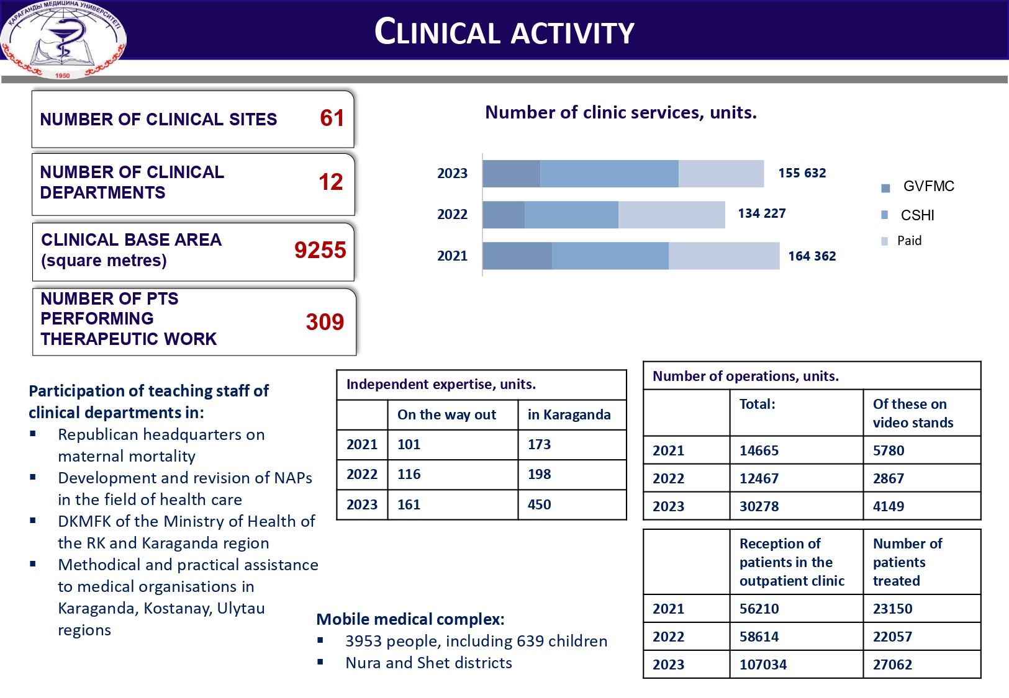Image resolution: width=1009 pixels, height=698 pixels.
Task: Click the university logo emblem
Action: pos(63,38)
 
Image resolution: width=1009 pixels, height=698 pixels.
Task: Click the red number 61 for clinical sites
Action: pos(332,118)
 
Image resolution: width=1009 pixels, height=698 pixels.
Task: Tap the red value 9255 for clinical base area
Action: pos(320,250)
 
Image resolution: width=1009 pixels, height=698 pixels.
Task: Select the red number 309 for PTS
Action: pos(324,321)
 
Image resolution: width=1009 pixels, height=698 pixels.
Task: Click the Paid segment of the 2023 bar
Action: pos(721,174)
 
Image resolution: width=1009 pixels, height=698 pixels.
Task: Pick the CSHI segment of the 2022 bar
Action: pos(571,215)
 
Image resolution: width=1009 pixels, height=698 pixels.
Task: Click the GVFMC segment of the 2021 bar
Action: pos(517,256)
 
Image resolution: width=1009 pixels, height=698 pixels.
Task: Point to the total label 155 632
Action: pos(802,173)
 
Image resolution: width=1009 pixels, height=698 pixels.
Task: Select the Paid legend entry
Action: pos(908,241)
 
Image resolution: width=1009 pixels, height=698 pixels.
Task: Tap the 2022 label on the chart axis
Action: pos(452,215)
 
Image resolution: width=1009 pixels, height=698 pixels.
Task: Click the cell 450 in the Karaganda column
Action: pos(539,504)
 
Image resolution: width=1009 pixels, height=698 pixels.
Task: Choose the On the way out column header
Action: pos(446,414)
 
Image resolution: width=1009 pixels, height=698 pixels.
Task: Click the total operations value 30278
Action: pos(759,506)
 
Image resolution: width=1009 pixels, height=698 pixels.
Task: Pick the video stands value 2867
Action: pos(888,478)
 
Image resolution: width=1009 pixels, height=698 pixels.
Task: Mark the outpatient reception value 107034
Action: pos(762,664)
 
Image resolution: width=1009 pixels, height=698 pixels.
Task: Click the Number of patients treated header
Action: pos(907,562)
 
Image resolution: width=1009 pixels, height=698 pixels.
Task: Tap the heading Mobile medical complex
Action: pos(410,619)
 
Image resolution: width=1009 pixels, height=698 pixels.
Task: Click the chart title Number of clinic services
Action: pos(620,112)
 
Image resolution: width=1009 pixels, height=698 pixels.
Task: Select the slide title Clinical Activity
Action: pos(504,32)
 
